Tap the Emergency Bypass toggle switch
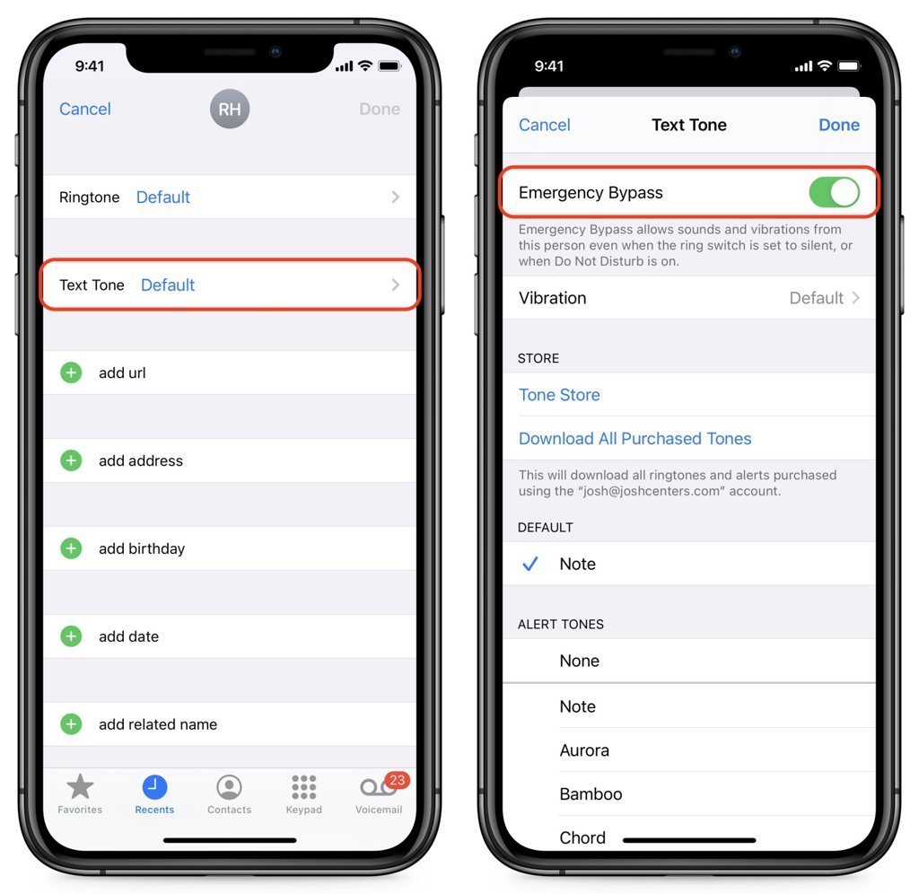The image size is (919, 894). [834, 192]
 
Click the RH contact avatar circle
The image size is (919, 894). [230, 109]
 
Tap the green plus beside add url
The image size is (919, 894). [72, 372]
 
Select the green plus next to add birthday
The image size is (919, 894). [72, 548]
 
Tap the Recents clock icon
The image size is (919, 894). [154, 786]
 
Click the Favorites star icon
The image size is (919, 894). [80, 786]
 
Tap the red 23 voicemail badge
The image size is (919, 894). [398, 780]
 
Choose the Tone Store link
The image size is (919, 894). [559, 395]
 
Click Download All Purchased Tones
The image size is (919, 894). [635, 439]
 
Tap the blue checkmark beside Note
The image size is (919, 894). [530, 564]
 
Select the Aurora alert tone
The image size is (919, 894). [584, 750]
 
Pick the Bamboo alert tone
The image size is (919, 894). [591, 794]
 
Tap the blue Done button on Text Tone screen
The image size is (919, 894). [839, 125]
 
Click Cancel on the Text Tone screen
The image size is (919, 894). [545, 125]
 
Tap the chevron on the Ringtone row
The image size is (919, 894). [396, 197]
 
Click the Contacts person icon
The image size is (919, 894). [229, 786]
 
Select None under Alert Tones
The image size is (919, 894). [580, 661]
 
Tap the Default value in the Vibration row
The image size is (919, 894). [817, 298]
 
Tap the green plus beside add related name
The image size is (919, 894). [72, 724]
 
